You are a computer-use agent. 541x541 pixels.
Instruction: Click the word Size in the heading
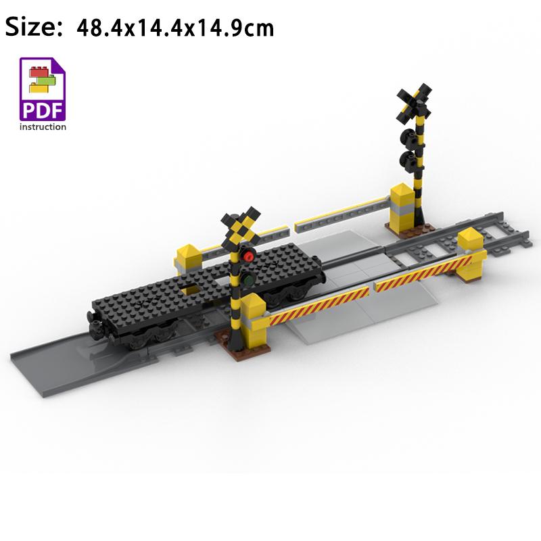(x=33, y=27)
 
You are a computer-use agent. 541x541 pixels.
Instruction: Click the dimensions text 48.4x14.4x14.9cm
(x=175, y=28)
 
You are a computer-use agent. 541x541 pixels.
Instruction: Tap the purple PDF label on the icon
(x=43, y=110)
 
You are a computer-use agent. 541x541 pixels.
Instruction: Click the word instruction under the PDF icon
(x=43, y=127)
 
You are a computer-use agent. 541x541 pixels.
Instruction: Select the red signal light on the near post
(x=248, y=256)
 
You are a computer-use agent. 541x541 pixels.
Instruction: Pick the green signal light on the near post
(x=247, y=279)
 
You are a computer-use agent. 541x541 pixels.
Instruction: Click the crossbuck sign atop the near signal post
(x=241, y=228)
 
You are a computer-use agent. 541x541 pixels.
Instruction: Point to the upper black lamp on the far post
(x=408, y=137)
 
